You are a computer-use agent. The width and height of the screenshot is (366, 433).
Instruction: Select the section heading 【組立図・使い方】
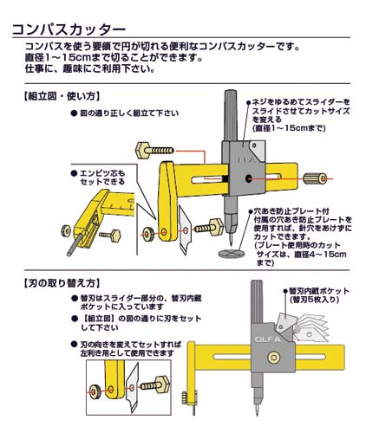pos(51,93)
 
